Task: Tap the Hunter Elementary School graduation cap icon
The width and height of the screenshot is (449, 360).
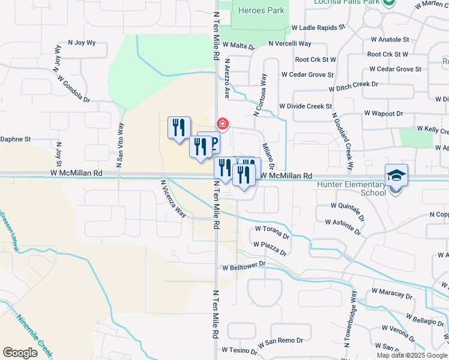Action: pyautogui.click(x=396, y=175)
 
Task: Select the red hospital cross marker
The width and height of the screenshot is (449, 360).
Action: pyautogui.click(x=223, y=124)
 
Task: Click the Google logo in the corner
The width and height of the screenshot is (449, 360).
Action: pyautogui.click(x=20, y=353)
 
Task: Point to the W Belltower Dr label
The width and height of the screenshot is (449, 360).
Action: pyautogui.click(x=244, y=265)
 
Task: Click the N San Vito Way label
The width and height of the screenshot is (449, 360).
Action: pyautogui.click(x=120, y=145)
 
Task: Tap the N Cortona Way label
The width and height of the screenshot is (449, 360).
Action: pyautogui.click(x=260, y=95)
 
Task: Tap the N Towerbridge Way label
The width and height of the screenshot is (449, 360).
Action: pyautogui.click(x=351, y=319)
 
